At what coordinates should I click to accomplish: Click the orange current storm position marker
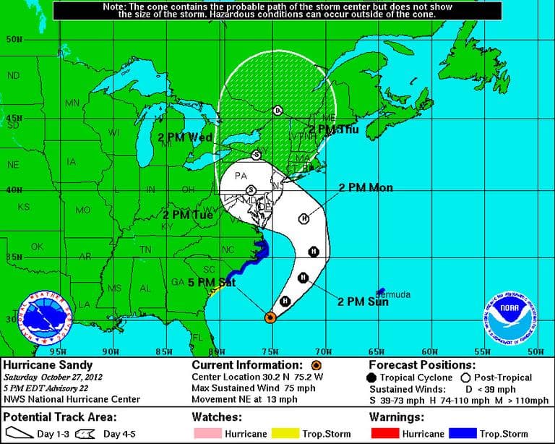point(270,317)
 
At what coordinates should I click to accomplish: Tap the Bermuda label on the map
point(392,294)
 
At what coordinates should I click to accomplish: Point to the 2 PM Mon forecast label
point(366,188)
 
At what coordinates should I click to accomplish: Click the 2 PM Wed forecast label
point(185,137)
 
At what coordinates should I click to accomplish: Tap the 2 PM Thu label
point(334,129)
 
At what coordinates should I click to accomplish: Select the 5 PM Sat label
point(212,282)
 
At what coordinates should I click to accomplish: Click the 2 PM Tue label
point(187,215)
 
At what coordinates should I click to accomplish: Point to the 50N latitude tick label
point(13,39)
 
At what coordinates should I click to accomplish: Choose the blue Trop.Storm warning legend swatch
point(462,433)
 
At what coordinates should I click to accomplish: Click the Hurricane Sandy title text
point(42,365)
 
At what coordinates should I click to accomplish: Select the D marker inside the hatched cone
point(277,111)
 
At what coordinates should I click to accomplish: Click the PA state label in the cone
point(241,176)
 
